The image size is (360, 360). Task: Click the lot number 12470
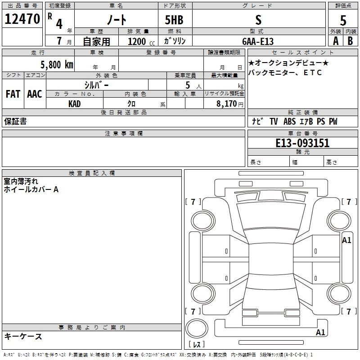coord(22,19)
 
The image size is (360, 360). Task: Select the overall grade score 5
coord(343,20)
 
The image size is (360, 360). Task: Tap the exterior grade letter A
coord(336,41)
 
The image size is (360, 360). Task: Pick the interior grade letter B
coord(350,41)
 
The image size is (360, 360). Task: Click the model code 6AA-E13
coord(258,41)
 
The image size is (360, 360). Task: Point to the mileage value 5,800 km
coord(57,65)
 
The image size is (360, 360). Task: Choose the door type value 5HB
coord(174,20)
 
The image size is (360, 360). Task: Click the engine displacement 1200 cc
coord(141,41)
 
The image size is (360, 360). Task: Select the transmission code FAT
coord(13,94)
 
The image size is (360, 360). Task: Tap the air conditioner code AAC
coord(35,94)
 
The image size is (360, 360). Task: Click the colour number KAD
coord(74,104)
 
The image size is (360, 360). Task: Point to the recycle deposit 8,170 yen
coord(229,104)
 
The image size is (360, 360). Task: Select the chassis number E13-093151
coord(302,143)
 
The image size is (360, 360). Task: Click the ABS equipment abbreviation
coord(289,121)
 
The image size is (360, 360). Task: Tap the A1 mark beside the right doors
coord(346,240)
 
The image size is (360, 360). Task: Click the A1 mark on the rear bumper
coord(320,332)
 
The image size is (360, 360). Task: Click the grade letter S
coord(258,20)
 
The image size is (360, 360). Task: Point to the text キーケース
coord(23,336)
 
